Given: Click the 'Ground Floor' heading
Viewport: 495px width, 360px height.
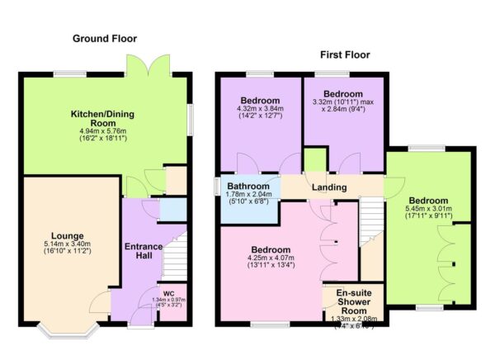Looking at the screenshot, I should coord(104,39).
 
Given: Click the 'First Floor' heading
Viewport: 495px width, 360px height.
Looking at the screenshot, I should coord(345,55).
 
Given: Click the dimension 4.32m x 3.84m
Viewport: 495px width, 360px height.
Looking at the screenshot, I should coord(259,108).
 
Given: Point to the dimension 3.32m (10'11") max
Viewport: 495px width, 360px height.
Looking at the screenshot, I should coord(343,103).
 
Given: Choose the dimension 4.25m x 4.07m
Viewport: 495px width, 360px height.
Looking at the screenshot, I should coord(271,259).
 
